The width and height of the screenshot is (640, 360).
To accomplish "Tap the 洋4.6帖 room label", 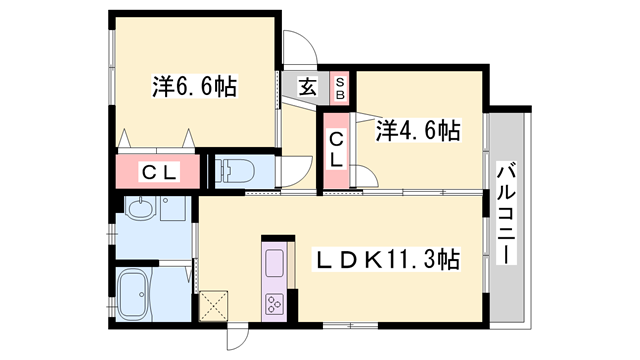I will [x=418, y=130].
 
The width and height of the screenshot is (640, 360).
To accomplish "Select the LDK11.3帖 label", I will [x=388, y=260].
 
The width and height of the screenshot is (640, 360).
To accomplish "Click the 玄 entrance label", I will [x=308, y=87].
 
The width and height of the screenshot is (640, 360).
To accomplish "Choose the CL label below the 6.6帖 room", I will [x=158, y=172].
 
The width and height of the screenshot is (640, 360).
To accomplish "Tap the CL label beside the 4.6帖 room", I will [x=337, y=148].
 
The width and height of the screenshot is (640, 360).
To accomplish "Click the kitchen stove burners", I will [x=274, y=305].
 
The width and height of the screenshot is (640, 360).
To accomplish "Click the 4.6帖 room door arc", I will [x=367, y=178].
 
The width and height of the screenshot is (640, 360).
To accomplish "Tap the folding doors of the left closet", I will [x=155, y=138].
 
